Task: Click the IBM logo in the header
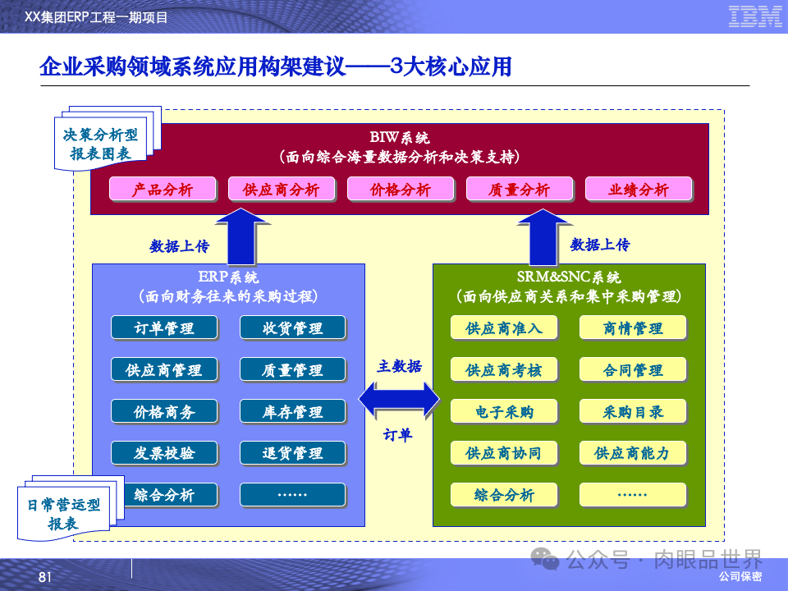click(x=754, y=16)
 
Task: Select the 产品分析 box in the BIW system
click(x=163, y=190)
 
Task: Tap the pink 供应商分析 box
click(x=282, y=190)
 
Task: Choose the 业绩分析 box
click(x=639, y=190)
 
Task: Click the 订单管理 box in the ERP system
click(x=164, y=328)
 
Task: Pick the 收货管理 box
click(x=293, y=328)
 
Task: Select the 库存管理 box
click(x=293, y=411)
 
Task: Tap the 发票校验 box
click(x=164, y=453)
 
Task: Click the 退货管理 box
click(x=293, y=453)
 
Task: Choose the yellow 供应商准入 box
click(x=504, y=328)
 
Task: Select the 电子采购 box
click(x=504, y=411)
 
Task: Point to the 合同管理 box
click(x=633, y=370)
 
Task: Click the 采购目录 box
click(x=633, y=411)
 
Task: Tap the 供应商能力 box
click(x=633, y=453)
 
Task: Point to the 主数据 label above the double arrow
click(x=400, y=366)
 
